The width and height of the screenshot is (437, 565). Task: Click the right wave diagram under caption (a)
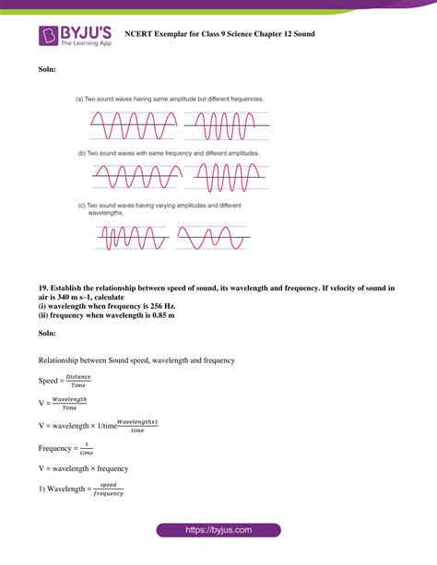click(x=227, y=121)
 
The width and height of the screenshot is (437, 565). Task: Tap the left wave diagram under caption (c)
click(x=128, y=239)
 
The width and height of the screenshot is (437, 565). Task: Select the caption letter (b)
click(x=81, y=153)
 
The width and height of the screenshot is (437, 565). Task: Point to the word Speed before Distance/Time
click(x=48, y=381)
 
